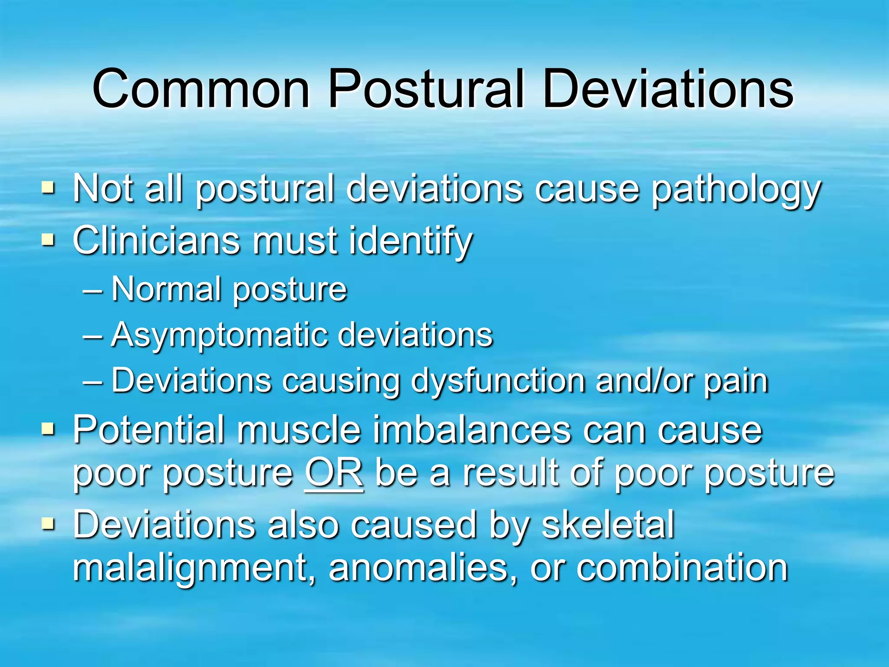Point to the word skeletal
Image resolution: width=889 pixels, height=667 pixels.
pos(608,525)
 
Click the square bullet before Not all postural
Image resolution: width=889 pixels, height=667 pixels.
pos(48,188)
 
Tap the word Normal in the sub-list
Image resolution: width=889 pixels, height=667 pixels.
pos(167,289)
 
